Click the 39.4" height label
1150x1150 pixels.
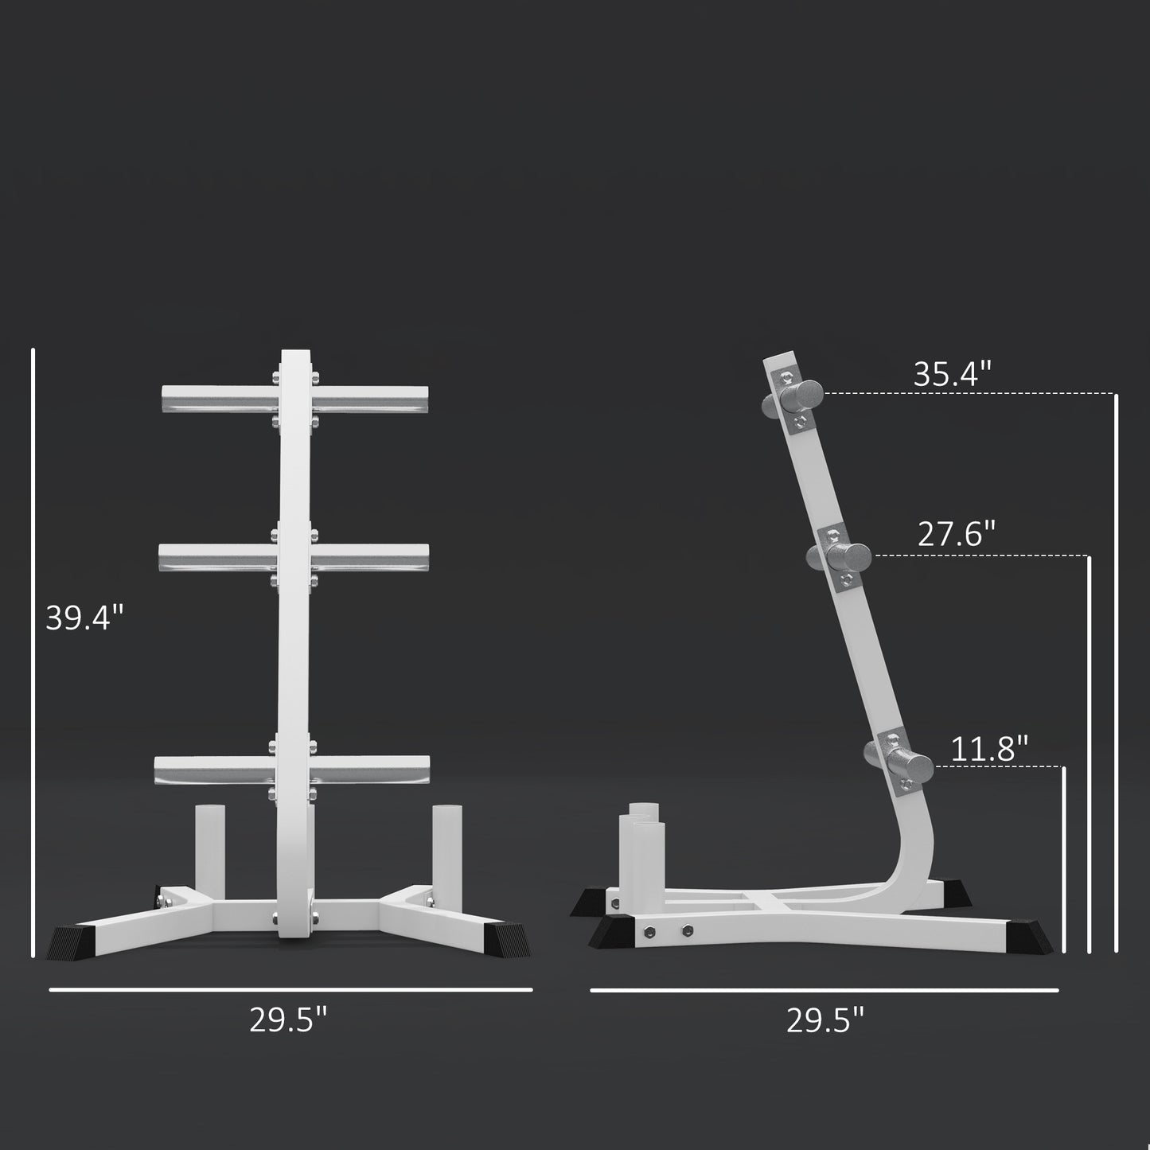(x=85, y=618)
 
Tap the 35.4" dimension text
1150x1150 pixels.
(x=952, y=375)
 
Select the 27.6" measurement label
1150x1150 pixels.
(x=957, y=534)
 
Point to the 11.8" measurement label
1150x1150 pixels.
(x=989, y=749)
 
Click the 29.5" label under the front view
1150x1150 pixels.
(x=288, y=1019)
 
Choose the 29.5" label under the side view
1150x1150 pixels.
(x=825, y=1019)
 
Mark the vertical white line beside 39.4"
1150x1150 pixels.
(x=33, y=653)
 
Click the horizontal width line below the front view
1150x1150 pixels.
(x=290, y=989)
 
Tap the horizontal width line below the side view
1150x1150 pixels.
(x=824, y=990)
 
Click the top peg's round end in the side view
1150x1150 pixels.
(x=805, y=395)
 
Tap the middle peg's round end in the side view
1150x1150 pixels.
(x=852, y=555)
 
